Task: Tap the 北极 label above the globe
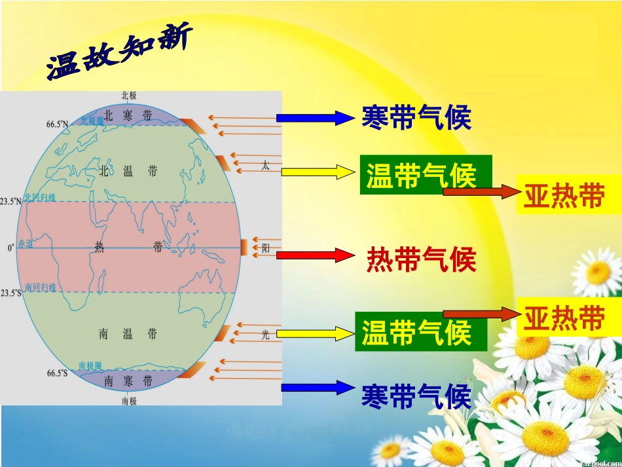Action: [129, 96]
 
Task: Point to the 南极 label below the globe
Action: [129, 400]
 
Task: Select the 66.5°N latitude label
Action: [57, 124]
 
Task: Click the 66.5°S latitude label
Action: [57, 373]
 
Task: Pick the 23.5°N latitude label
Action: [10, 202]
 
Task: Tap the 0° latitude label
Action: [10, 248]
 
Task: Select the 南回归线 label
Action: [40, 288]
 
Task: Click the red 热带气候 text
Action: [420, 259]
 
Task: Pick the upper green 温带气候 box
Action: [425, 175]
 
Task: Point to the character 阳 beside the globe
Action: [266, 248]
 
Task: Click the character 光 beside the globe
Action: [265, 334]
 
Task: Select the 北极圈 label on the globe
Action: [92, 120]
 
